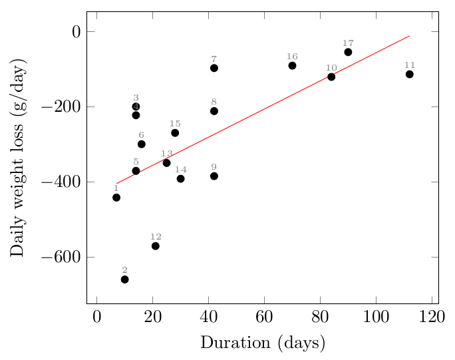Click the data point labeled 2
click(x=124, y=279)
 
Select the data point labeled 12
click(x=156, y=246)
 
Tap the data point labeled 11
click(x=410, y=74)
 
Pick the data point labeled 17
click(x=348, y=52)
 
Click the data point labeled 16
click(x=292, y=65)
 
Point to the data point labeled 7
click(x=214, y=68)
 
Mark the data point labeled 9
click(x=214, y=176)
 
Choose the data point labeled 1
click(x=116, y=198)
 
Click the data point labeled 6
click(x=142, y=144)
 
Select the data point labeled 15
click(x=175, y=133)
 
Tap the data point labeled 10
click(x=331, y=77)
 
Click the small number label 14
click(x=181, y=170)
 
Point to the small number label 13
click(x=167, y=154)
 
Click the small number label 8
click(x=214, y=102)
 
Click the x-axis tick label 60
click(x=264, y=315)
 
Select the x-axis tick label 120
click(x=432, y=315)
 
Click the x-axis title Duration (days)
click(x=263, y=343)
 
